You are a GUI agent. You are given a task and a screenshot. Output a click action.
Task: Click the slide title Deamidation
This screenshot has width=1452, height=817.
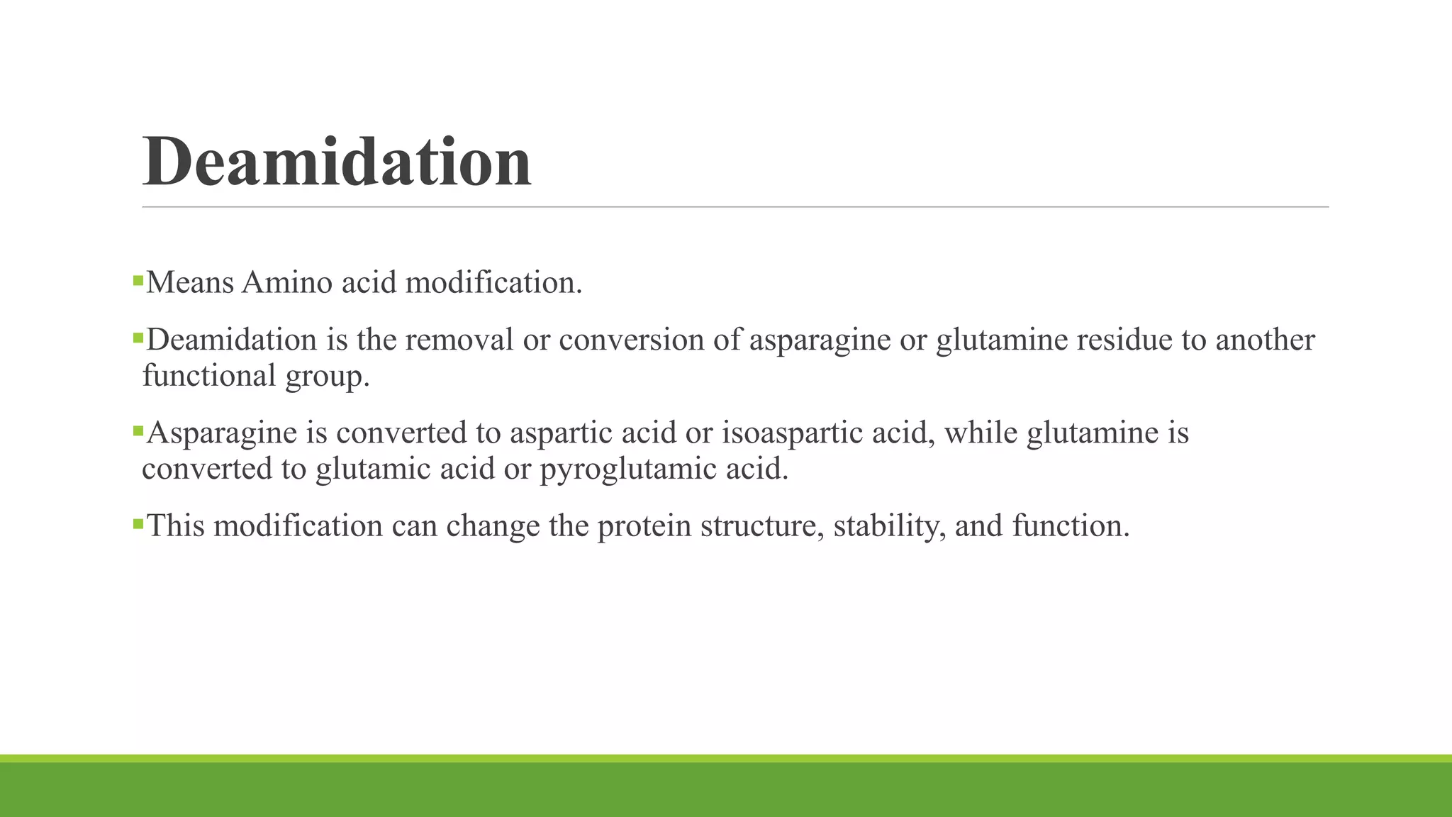pyautogui.click(x=337, y=162)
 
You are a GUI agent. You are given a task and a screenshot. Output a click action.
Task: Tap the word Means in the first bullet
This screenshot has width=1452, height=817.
pyautogui.click(x=190, y=283)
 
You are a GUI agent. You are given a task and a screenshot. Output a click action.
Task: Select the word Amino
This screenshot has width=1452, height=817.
pyautogui.click(x=286, y=283)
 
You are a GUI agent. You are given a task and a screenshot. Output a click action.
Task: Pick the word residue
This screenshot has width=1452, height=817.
pyautogui.click(x=1124, y=340)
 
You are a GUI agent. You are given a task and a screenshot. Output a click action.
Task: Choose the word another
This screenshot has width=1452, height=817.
pyautogui.click(x=1265, y=340)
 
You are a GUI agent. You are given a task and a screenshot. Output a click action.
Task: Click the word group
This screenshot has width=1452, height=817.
pyautogui.click(x=327, y=377)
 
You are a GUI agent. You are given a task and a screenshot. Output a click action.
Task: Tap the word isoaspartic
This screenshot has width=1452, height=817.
pyautogui.click(x=793, y=433)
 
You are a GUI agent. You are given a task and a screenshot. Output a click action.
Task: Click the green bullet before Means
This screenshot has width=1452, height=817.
pyautogui.click(x=138, y=281)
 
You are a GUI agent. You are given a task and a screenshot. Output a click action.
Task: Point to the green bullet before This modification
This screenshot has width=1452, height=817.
pyautogui.click(x=138, y=524)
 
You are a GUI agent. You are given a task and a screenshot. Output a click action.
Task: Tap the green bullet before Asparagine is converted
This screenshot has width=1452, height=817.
pyautogui.click(x=138, y=430)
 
